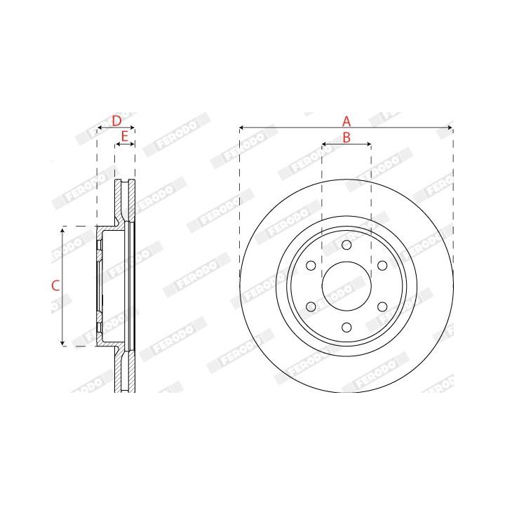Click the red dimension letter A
pyautogui.click(x=346, y=121)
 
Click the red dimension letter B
pyautogui.click(x=346, y=137)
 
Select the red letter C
pyautogui.click(x=55, y=285)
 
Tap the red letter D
pyautogui.click(x=116, y=121)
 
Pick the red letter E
pyautogui.click(x=125, y=137)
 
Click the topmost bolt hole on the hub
pyautogui.click(x=346, y=245)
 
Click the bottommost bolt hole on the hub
pyautogui.click(x=346, y=328)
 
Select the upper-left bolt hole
pyautogui.click(x=311, y=266)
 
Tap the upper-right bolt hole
pyautogui.click(x=382, y=266)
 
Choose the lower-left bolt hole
pyautogui.click(x=311, y=307)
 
